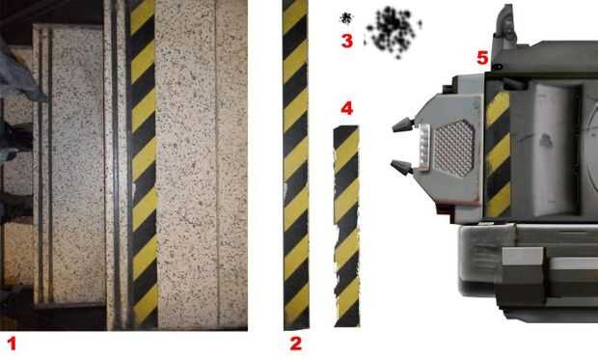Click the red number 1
point(13,344)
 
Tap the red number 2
point(296,344)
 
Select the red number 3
point(346,41)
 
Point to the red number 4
point(346,109)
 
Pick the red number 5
point(482,58)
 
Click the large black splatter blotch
point(393,32)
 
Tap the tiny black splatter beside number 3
point(346,17)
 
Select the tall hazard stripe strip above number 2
point(296,164)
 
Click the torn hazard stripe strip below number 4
point(346,227)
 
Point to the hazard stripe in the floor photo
point(143,164)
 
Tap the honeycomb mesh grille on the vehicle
point(454,148)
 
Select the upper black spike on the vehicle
point(403,125)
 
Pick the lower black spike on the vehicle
point(402,168)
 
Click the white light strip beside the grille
point(424,147)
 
